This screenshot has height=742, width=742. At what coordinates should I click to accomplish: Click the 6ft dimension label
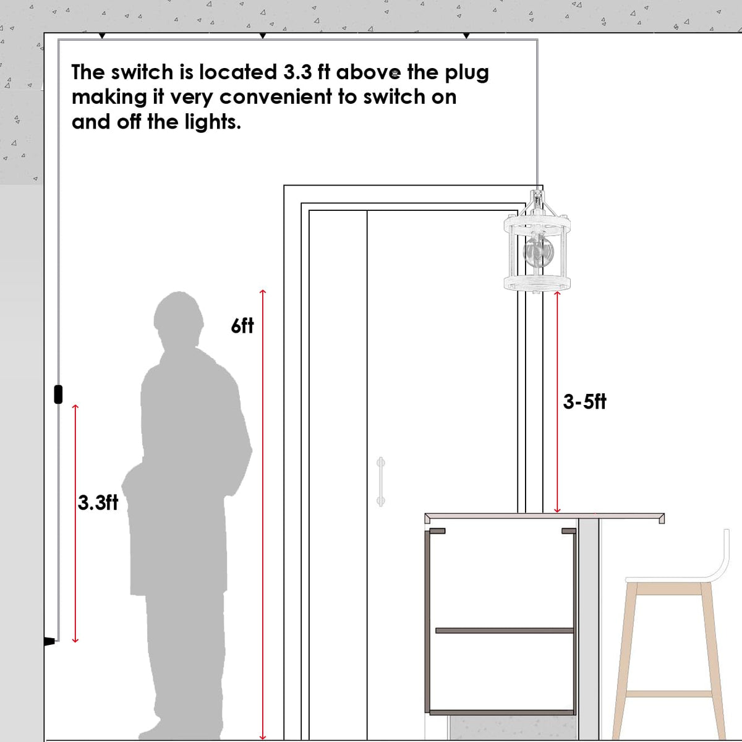coord(242,326)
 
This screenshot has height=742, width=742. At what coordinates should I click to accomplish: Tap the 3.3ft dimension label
coord(98,503)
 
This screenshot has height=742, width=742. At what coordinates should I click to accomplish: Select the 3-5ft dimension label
coord(584,402)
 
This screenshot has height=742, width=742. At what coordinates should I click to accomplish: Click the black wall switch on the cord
coord(58,394)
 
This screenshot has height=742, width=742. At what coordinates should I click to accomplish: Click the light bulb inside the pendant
coord(539,252)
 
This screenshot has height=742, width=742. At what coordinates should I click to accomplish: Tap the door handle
coord(380,481)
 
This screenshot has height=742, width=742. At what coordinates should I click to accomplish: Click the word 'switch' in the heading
coord(142,72)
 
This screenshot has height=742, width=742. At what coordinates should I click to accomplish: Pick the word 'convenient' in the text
coord(275,96)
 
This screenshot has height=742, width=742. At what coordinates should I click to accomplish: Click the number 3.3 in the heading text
coord(297,72)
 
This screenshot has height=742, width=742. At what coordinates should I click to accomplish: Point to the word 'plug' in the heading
coord(467,73)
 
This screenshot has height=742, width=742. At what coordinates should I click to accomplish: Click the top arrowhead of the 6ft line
coord(263,291)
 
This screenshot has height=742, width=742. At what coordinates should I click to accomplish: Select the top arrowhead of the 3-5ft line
coord(557,294)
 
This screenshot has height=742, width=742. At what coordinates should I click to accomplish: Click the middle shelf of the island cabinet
coord(505,630)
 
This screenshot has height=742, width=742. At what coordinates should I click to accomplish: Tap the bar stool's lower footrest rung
coord(669,694)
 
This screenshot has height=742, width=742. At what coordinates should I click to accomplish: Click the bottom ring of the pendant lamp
coord(537,282)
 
